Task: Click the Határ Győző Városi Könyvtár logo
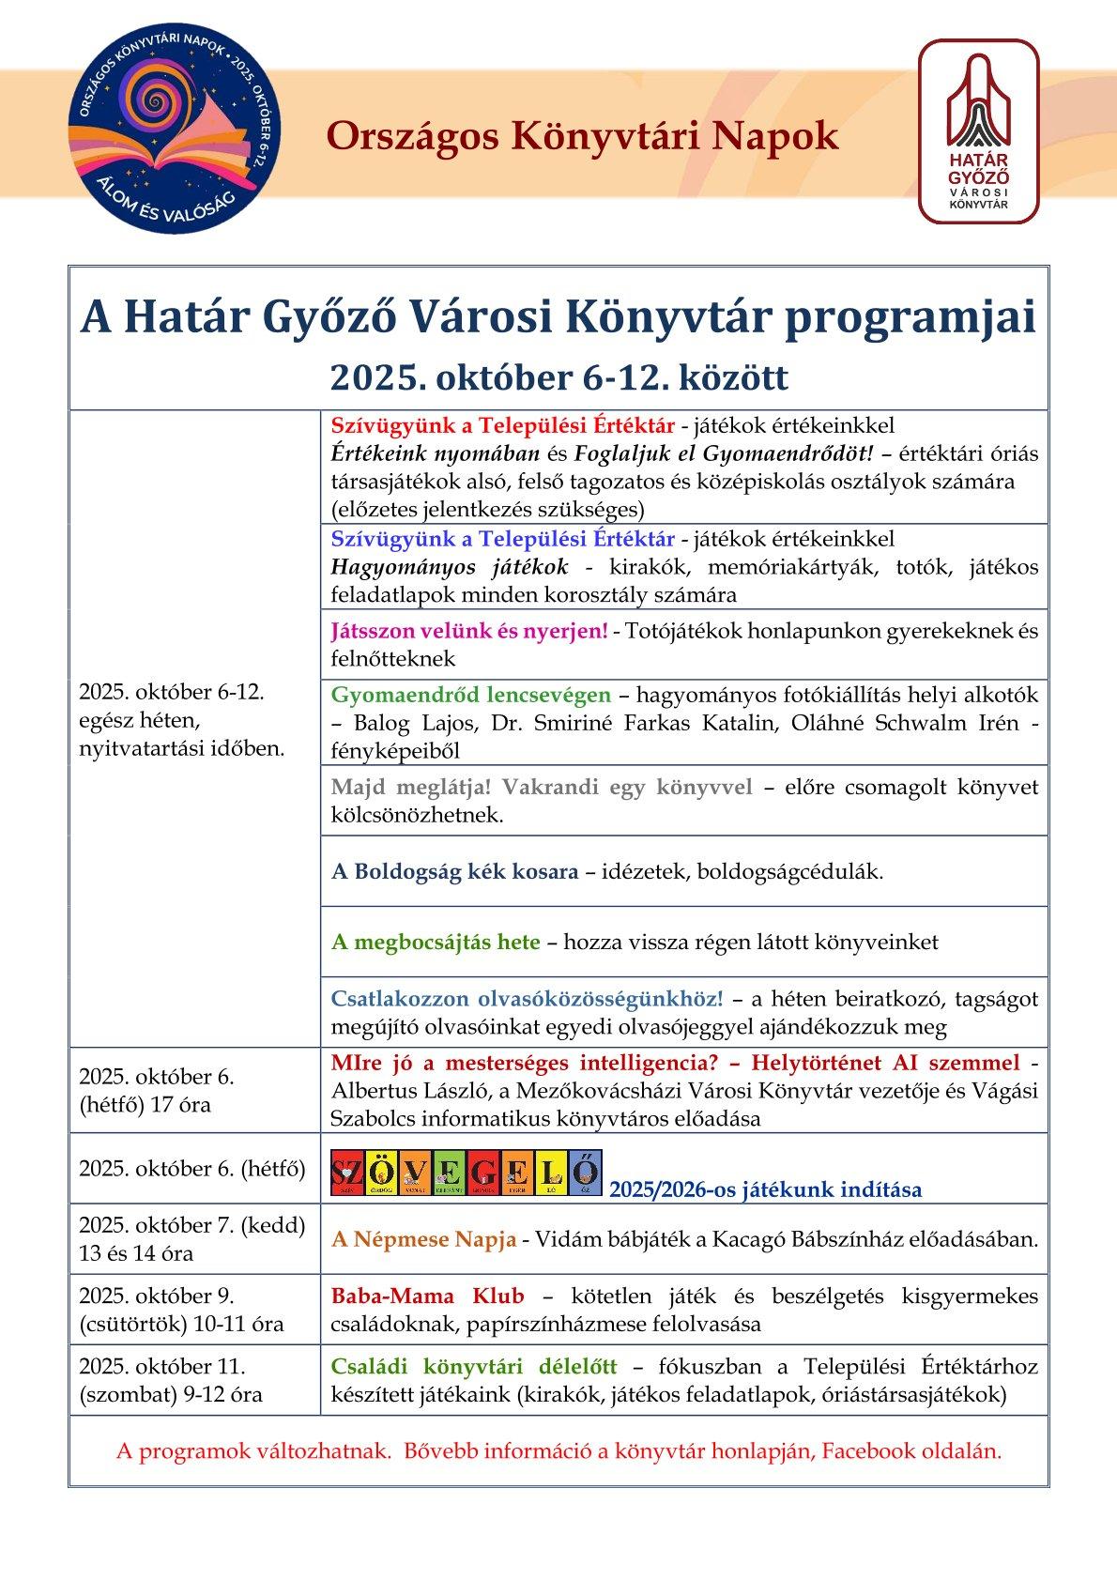[978, 131]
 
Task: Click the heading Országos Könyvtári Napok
[582, 137]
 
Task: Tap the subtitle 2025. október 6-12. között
[558, 377]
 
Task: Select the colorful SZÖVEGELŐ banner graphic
[467, 1174]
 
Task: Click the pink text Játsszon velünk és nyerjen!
[469, 631]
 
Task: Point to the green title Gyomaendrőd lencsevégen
[470, 696]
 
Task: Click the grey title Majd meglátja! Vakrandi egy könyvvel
[542, 787]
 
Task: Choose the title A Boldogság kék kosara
[454, 871]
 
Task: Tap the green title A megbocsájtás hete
[436, 942]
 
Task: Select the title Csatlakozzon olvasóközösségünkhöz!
[527, 998]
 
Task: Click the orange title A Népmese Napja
[423, 1239]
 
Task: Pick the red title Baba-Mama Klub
[427, 1296]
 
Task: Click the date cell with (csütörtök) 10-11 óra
[180, 1324]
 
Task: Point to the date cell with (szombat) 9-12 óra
[171, 1394]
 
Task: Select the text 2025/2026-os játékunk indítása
[765, 1190]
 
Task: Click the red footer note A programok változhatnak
[252, 1451]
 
